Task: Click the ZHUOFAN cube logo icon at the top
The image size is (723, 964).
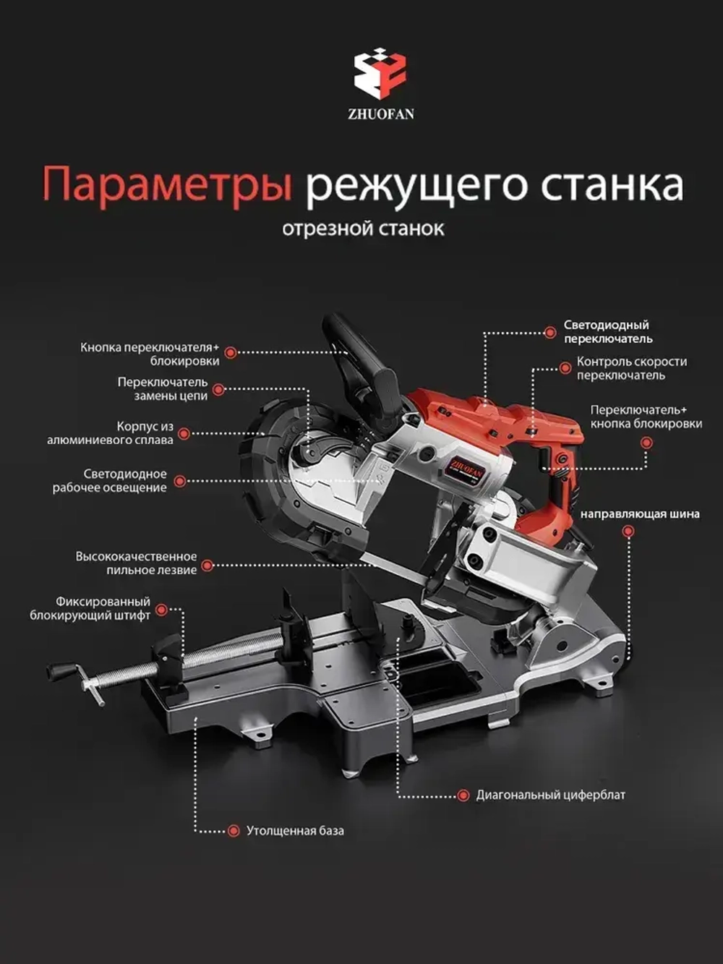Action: (380, 73)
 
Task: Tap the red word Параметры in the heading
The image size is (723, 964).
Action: (167, 184)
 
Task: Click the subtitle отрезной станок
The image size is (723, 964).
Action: (363, 229)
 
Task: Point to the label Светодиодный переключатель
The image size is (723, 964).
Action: (607, 332)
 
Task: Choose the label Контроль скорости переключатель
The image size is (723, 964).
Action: (631, 368)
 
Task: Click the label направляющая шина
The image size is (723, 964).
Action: (640, 514)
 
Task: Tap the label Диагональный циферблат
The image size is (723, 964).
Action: (550, 795)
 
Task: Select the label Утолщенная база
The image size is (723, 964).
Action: (295, 831)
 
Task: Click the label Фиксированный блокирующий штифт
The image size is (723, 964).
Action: (91, 608)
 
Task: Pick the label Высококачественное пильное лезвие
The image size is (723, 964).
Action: (137, 563)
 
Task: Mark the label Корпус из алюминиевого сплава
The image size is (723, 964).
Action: (111, 433)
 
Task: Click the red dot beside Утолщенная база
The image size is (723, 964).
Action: (234, 831)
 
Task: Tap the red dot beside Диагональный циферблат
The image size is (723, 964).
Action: (463, 795)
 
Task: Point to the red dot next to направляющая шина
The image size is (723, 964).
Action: (628, 531)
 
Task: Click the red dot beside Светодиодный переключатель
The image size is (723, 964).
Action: (550, 333)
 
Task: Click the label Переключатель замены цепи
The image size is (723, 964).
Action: (163, 388)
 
